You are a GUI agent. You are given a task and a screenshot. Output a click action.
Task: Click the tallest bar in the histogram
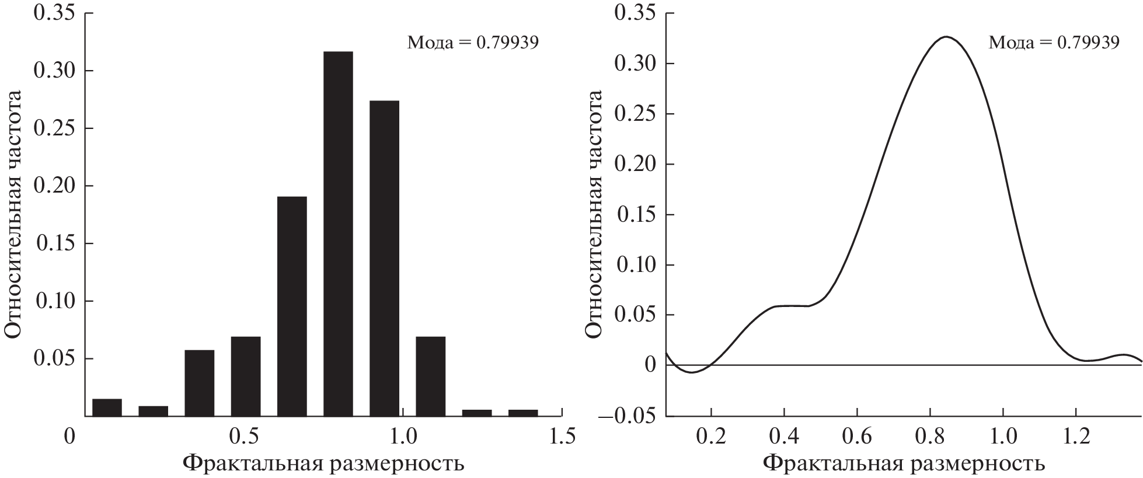pos(338,233)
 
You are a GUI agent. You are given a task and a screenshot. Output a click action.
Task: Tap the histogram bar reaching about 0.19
pos(292,306)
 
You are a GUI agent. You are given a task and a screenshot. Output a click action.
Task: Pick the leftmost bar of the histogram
pos(107,407)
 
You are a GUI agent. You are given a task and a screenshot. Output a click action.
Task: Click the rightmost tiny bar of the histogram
pos(523,413)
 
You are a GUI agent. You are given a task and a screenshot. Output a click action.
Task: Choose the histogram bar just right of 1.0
pos(431,376)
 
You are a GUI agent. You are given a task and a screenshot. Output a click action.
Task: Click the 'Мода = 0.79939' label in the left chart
pos(472,43)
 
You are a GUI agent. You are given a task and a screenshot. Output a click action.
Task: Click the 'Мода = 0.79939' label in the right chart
pos(1054,43)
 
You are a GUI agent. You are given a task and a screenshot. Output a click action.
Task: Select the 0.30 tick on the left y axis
pos(55,71)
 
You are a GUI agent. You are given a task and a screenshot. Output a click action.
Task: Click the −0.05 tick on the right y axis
pos(633,416)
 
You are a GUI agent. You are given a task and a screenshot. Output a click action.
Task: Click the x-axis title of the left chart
pos(324,463)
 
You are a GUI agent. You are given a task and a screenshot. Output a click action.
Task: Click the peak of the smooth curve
pos(946,37)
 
